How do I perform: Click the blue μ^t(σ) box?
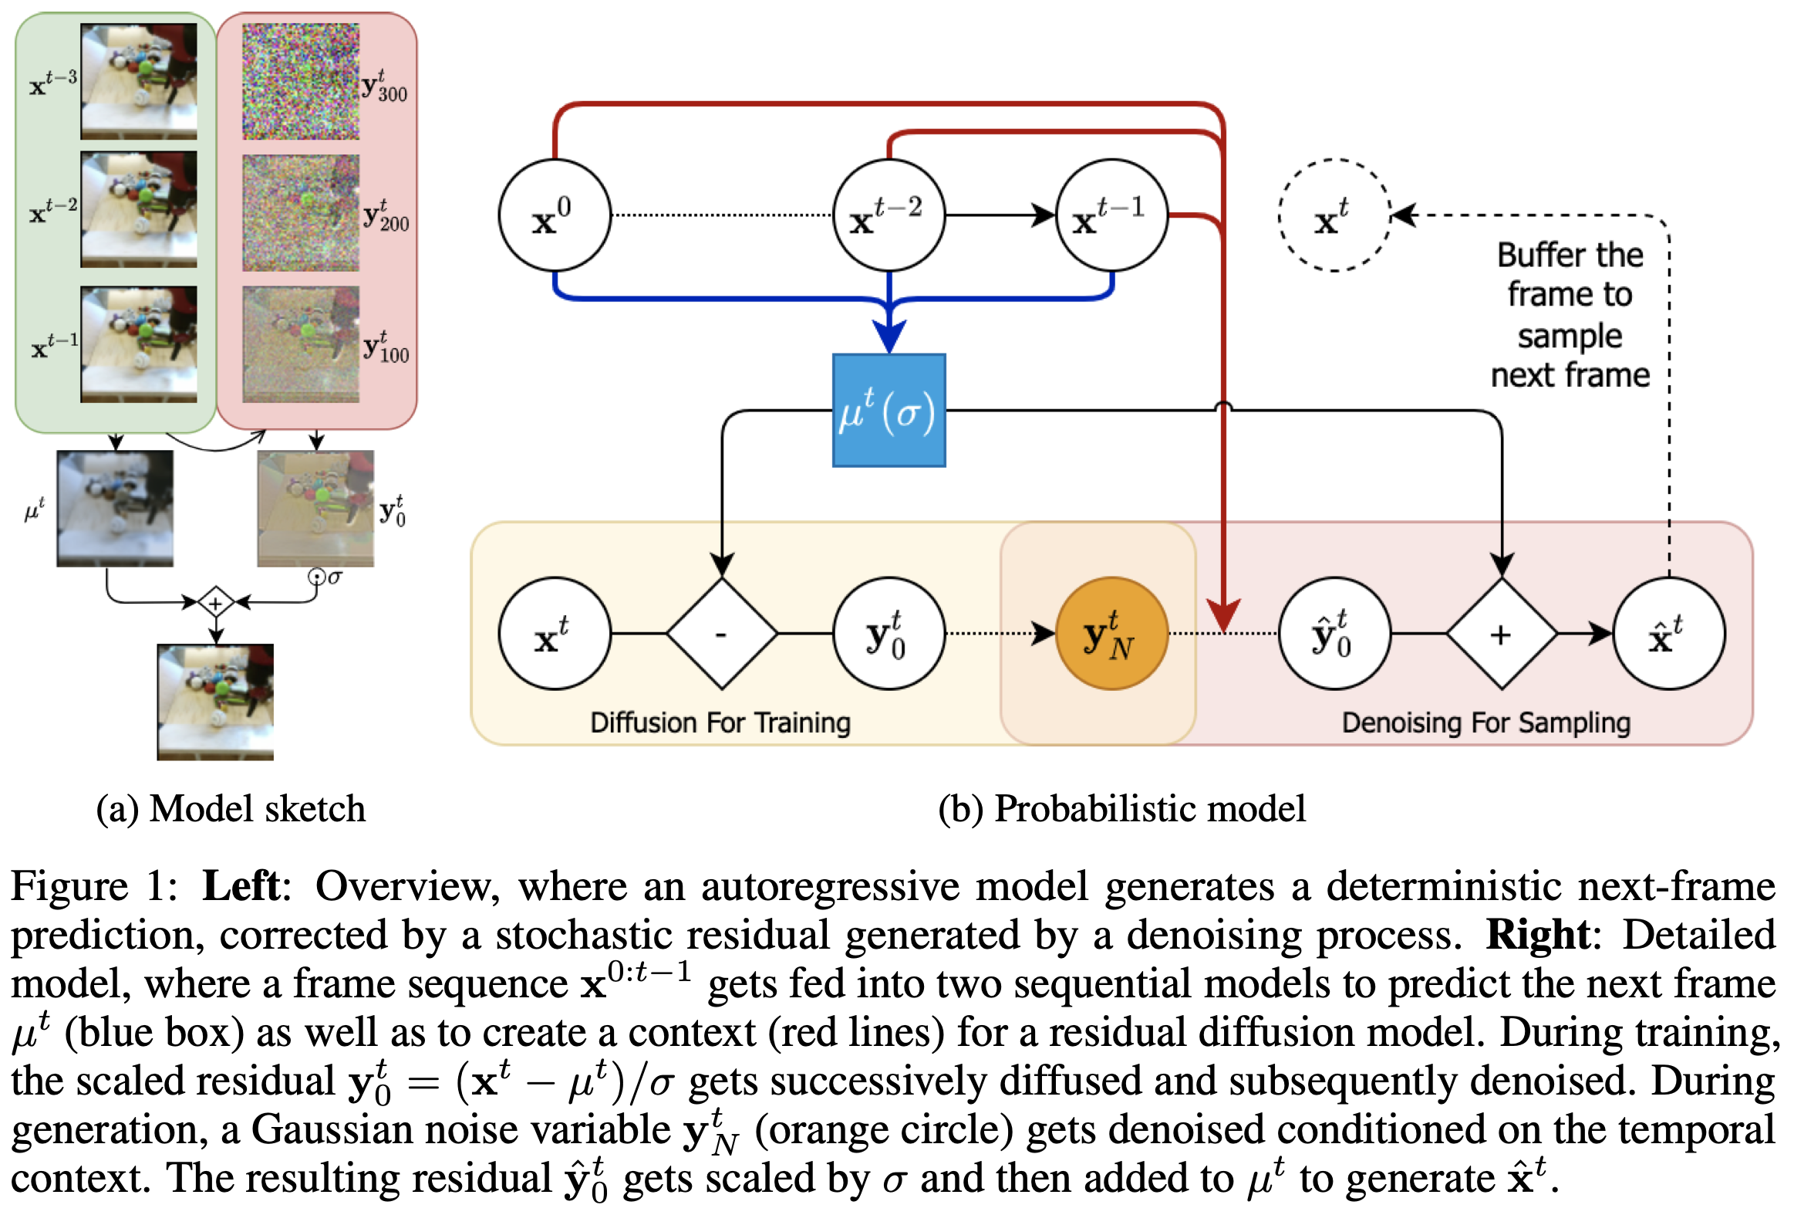(x=889, y=410)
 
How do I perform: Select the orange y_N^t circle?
(x=1111, y=634)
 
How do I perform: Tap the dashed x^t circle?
(x=1334, y=215)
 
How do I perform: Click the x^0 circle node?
(x=555, y=215)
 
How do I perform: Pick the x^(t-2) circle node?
(x=889, y=215)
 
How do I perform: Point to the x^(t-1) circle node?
(x=1111, y=215)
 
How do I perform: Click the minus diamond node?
(x=721, y=634)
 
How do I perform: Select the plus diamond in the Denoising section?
(x=1502, y=634)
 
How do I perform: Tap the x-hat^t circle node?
(x=1668, y=634)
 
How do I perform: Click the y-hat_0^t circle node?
(x=1334, y=634)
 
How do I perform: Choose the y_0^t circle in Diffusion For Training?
(x=889, y=634)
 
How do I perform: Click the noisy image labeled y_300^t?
(x=300, y=81)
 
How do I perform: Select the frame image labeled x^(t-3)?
(x=139, y=81)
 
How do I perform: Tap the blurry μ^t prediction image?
(x=114, y=508)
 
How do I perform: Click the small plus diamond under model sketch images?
(x=215, y=602)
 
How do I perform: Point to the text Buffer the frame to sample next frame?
(x=1570, y=314)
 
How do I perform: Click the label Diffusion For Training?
(x=720, y=723)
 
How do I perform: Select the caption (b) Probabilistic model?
(x=1121, y=809)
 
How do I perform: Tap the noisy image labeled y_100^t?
(x=300, y=344)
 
